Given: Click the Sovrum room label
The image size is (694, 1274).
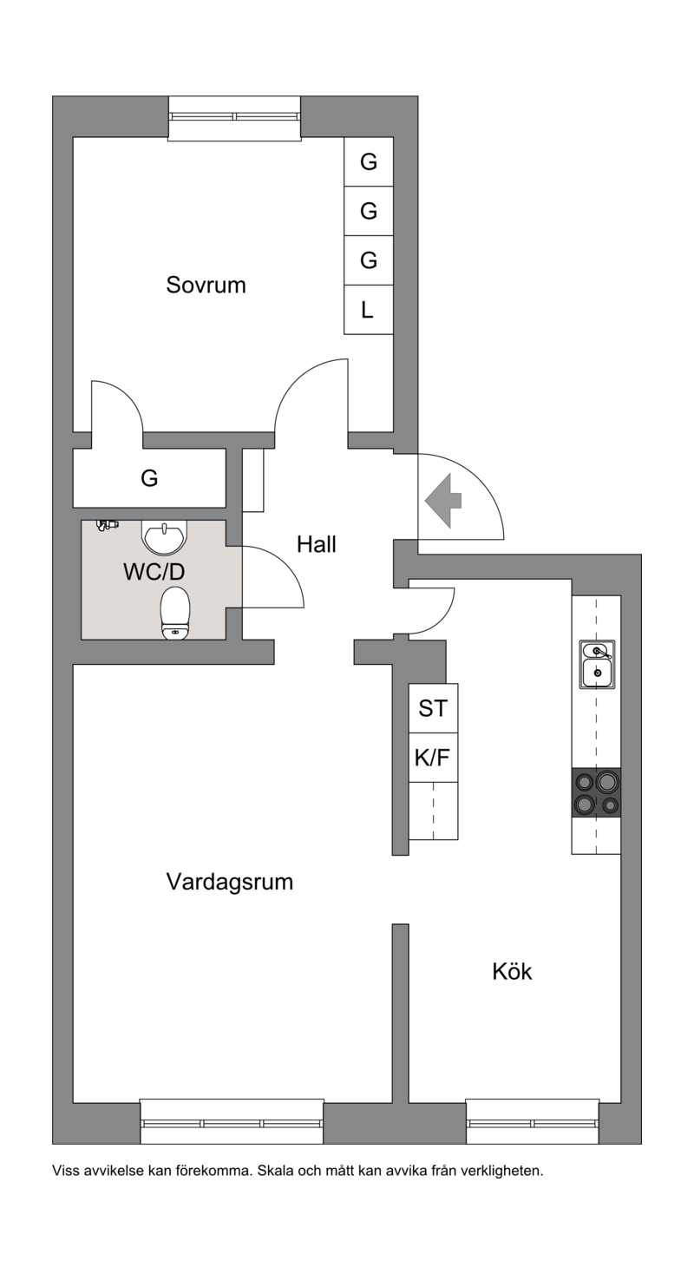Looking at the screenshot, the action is (206, 285).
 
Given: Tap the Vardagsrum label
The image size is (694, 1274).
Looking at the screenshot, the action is (230, 882).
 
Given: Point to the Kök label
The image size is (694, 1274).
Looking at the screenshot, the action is (512, 971).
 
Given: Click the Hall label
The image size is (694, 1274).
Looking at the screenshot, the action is (317, 544).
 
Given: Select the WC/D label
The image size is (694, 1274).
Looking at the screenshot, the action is (154, 572).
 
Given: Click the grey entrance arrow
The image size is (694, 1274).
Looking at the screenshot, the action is (443, 501).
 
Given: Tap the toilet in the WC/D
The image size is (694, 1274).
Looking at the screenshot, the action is (175, 613).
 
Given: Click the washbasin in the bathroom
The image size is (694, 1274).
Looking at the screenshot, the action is (164, 538).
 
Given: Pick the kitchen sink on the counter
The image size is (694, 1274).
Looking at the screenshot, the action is (597, 664).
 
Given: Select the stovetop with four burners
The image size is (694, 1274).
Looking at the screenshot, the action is (596, 792).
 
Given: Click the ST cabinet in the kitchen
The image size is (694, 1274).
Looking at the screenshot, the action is (433, 708).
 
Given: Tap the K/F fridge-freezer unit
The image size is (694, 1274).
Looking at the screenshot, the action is (433, 758).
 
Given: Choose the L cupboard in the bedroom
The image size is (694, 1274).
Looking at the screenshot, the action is (369, 310).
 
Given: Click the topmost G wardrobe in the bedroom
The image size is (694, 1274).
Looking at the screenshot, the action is (369, 162).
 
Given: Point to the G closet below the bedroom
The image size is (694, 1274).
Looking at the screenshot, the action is (149, 477).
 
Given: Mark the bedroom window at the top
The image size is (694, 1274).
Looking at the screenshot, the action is (234, 118).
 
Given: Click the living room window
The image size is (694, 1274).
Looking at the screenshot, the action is (232, 1123).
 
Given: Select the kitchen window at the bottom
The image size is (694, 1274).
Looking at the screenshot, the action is (533, 1123).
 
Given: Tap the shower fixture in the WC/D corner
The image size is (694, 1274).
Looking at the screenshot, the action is (107, 525).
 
